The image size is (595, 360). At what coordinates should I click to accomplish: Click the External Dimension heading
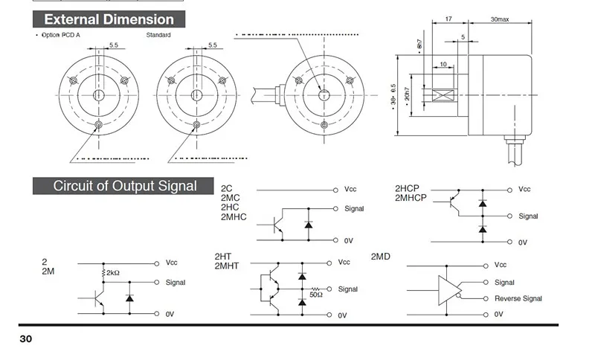(109, 20)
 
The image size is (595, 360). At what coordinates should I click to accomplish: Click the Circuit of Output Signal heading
(125, 186)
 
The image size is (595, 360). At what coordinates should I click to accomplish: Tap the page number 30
(26, 339)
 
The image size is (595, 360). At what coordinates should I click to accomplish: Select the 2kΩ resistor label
(113, 273)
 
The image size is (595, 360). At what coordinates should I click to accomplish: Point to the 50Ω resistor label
(316, 295)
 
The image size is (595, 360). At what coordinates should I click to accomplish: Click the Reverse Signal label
(518, 299)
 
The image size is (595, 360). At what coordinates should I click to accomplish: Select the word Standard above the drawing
(158, 35)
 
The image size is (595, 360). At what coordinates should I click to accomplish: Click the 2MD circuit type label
(381, 257)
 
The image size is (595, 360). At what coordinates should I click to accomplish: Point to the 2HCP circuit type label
(408, 189)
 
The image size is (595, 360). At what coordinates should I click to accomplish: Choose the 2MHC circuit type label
(234, 217)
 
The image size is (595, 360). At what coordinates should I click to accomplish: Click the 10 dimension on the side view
(443, 65)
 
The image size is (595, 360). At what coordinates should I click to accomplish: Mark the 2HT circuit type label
(224, 257)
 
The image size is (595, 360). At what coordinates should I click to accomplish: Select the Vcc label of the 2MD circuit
(501, 264)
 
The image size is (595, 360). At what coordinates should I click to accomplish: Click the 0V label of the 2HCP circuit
(522, 242)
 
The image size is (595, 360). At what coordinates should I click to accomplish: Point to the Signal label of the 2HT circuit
(348, 289)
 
